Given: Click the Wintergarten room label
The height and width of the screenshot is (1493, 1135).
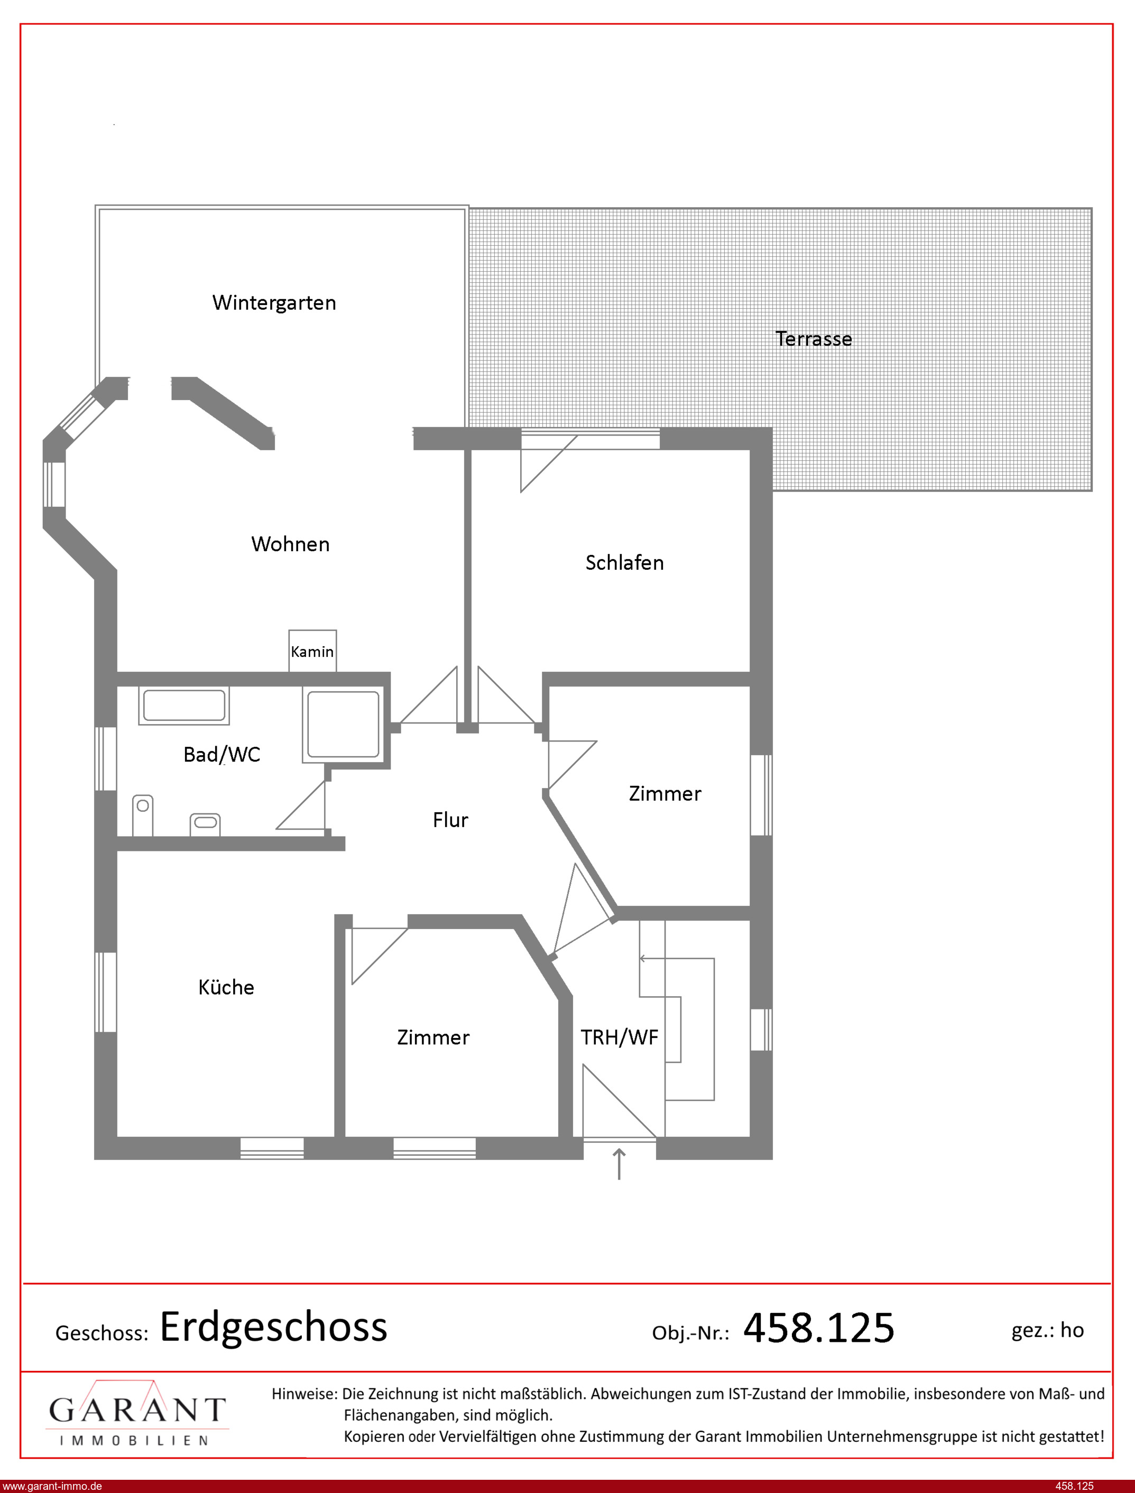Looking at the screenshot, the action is (x=274, y=302).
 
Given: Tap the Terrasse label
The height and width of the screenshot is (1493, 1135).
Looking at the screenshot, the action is (x=814, y=338).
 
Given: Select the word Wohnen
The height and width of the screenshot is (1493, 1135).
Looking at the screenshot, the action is (x=291, y=544).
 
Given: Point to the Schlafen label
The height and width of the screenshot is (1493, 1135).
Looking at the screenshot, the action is (x=624, y=562).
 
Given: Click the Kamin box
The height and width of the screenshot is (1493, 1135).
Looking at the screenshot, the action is (x=312, y=651).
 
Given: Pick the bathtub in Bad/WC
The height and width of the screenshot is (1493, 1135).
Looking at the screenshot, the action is (x=184, y=706).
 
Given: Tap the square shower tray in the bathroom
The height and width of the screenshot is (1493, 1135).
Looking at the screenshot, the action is (x=343, y=725).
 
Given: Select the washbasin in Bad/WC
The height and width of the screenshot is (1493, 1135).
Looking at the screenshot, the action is (x=206, y=824).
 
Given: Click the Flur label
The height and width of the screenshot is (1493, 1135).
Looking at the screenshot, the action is (x=450, y=820).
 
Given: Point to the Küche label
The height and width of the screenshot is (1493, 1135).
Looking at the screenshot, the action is (x=226, y=987).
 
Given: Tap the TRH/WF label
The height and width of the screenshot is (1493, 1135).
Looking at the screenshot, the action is (x=620, y=1037).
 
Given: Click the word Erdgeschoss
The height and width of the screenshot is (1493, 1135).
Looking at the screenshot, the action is (x=274, y=1327).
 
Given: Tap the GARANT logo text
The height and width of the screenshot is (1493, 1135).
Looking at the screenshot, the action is (x=137, y=1410).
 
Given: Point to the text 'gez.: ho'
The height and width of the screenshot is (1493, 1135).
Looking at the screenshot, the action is (x=1047, y=1330).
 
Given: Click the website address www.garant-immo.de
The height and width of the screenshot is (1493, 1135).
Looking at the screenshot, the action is (x=52, y=1486).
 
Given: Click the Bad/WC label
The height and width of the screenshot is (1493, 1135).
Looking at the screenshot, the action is (x=222, y=754).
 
